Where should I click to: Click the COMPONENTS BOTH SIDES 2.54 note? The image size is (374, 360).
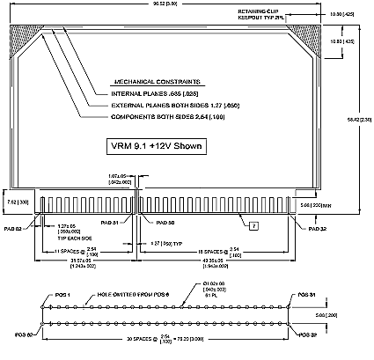pyautogui.click(x=163, y=116)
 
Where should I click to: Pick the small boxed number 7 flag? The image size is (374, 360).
pyautogui.click(x=253, y=226)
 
